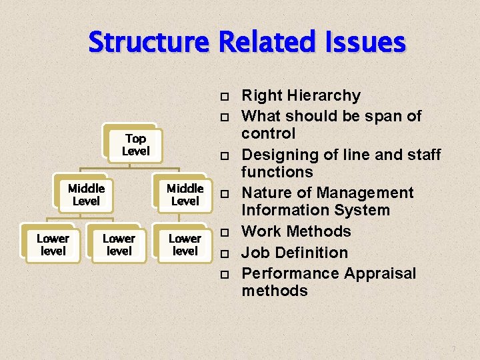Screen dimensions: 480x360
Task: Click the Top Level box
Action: [x=135, y=145]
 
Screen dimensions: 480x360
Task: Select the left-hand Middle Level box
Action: [x=86, y=195]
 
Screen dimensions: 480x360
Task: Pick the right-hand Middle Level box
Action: [x=185, y=195]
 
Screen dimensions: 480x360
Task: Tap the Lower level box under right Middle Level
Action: [x=185, y=245]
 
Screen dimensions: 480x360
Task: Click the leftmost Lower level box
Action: [x=53, y=245]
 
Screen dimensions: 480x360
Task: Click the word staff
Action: [x=421, y=155]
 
